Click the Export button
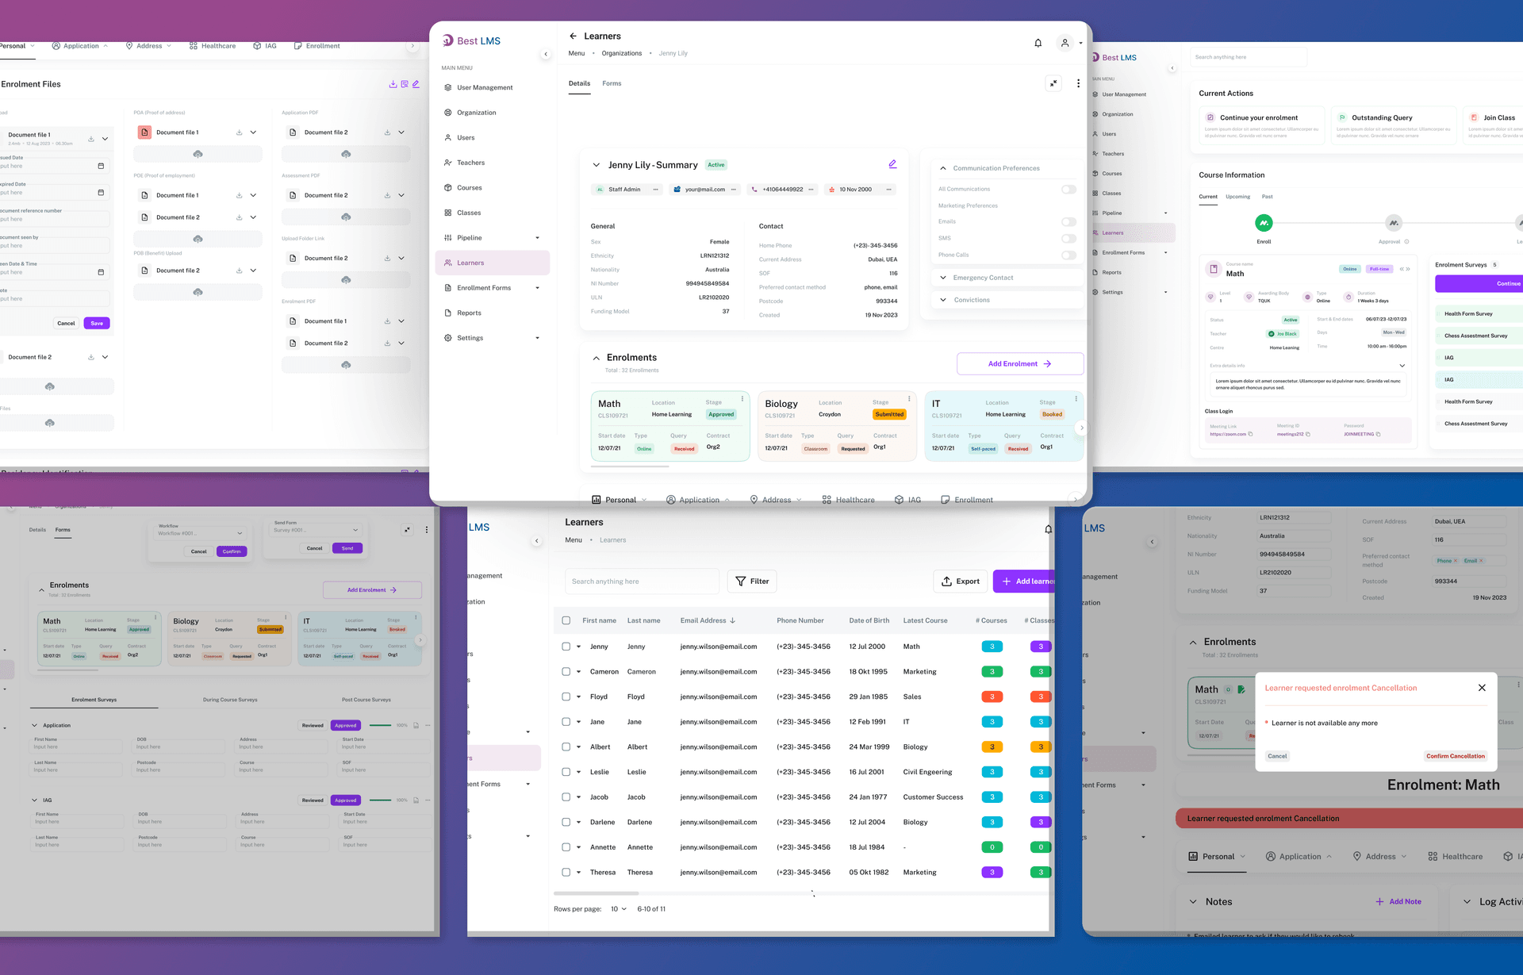[960, 582]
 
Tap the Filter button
[752, 582]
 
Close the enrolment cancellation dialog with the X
[1482, 688]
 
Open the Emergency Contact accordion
[983, 278]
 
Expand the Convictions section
[971, 300]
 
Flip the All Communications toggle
[1068, 190]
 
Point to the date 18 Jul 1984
[866, 847]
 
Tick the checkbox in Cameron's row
[566, 672]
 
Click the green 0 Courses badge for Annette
[992, 847]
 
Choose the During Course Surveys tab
[230, 700]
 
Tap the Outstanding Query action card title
[1382, 118]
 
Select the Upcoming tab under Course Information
[1237, 197]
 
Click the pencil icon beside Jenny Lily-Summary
[892, 164]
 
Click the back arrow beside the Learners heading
[573, 36]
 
